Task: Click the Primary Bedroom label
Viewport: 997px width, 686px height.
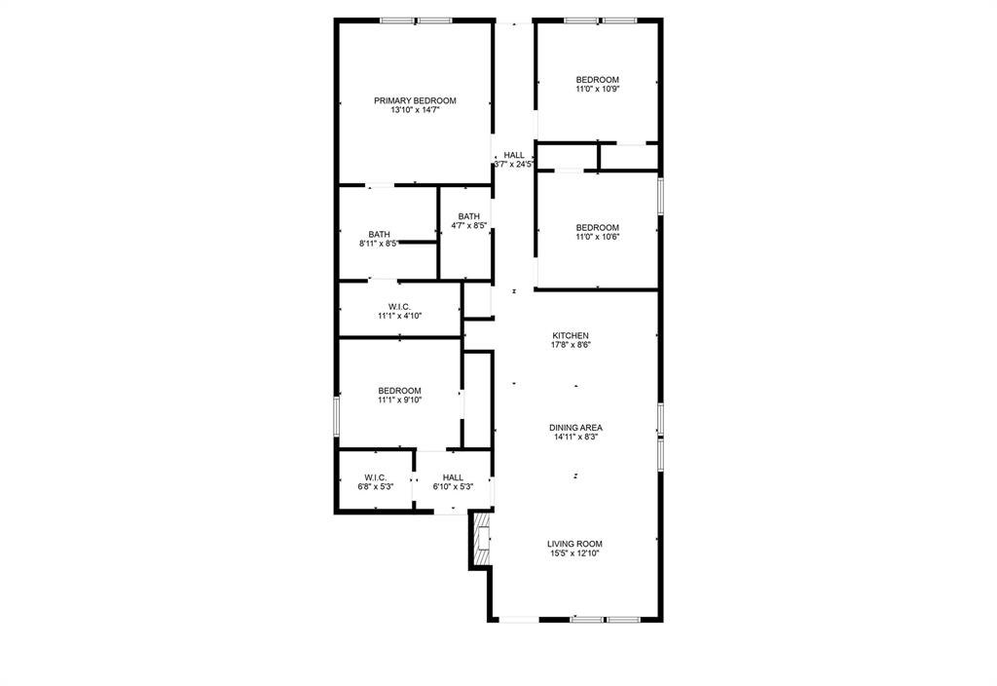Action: [415, 100]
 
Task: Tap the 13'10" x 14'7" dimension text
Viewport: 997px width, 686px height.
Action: [415, 111]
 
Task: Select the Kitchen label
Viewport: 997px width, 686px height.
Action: [571, 335]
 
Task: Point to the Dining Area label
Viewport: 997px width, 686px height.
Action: [575, 427]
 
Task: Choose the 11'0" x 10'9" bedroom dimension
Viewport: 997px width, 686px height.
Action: [597, 90]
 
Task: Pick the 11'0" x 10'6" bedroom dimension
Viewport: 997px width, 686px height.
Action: [597, 238]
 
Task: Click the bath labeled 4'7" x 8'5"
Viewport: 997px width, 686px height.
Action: [469, 216]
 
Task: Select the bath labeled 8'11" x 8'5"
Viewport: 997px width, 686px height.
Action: [380, 234]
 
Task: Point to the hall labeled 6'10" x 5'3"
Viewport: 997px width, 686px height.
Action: [453, 477]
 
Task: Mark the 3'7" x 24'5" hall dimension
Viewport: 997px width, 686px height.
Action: [514, 165]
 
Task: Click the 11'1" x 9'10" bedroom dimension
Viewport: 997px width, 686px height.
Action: [400, 400]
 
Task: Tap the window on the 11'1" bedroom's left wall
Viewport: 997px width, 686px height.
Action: [337, 413]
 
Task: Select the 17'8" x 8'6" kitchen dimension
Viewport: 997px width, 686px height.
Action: [571, 345]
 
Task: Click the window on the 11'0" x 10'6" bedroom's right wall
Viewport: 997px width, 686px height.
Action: [660, 195]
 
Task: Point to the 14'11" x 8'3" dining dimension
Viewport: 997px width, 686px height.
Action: [575, 438]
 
